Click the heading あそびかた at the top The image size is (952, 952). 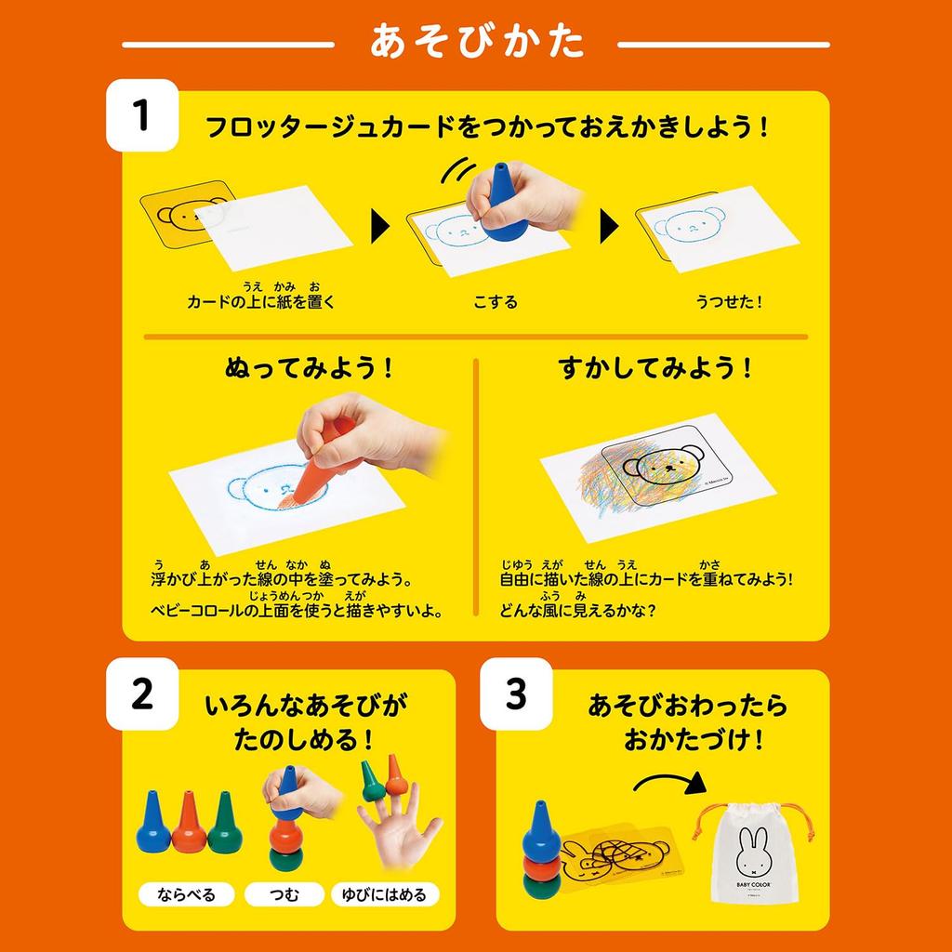point(476,43)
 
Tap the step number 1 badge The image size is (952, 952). point(141,116)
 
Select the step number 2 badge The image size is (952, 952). point(141,694)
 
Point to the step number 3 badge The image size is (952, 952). point(516,694)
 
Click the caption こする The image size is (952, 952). point(495,302)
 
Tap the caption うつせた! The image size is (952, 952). point(728,302)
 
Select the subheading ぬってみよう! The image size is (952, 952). point(309,368)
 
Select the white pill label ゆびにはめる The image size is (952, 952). point(384,895)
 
